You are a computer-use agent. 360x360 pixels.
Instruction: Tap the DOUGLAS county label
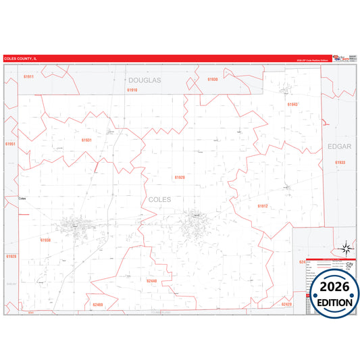(145, 80)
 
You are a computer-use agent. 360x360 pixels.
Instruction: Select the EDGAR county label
(339, 147)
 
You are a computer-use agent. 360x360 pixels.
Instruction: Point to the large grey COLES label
(159, 200)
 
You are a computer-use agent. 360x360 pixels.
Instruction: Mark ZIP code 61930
(213, 80)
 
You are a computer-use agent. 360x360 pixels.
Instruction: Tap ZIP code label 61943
(292, 105)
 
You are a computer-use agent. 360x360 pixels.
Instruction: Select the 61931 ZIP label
(86, 140)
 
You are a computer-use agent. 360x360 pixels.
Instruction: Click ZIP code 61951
(10, 144)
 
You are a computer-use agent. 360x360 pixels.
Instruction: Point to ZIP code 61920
(179, 177)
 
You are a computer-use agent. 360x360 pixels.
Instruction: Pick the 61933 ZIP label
(340, 162)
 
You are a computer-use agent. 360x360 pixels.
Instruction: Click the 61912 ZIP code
(263, 206)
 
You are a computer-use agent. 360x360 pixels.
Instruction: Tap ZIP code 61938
(46, 240)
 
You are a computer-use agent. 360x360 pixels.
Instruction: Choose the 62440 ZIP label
(151, 280)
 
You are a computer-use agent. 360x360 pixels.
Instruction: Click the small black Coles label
(22, 199)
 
